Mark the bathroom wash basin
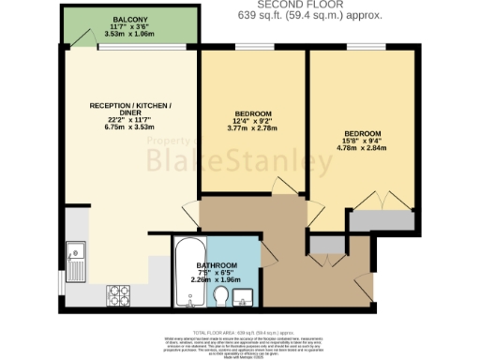tap(245, 298)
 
